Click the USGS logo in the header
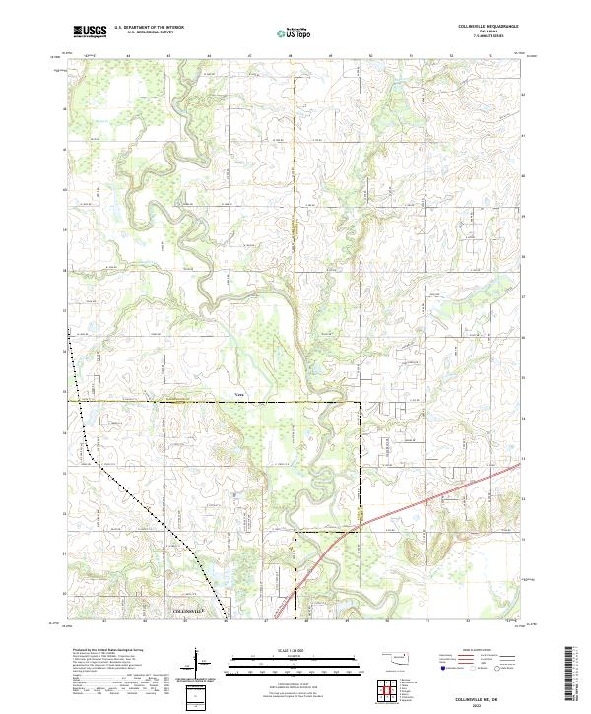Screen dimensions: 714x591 (90, 32)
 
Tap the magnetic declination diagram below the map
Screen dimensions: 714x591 (197, 660)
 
